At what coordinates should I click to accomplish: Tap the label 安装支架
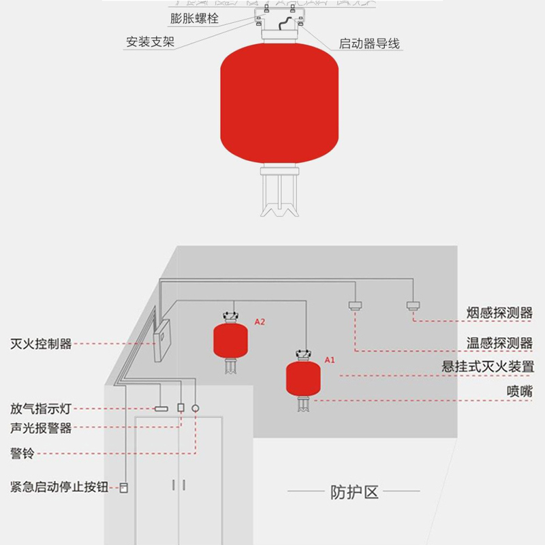coord(150,42)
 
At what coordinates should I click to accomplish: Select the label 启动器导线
coord(369,44)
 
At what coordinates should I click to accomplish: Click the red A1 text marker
coord(330,358)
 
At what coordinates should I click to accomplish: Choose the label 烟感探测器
coord(499,313)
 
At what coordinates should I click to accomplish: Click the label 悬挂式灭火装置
coord(488,366)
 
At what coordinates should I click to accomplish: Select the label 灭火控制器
coord(41,343)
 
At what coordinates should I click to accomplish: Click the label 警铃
coord(22,453)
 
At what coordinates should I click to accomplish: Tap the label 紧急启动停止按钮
coord(59,487)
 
